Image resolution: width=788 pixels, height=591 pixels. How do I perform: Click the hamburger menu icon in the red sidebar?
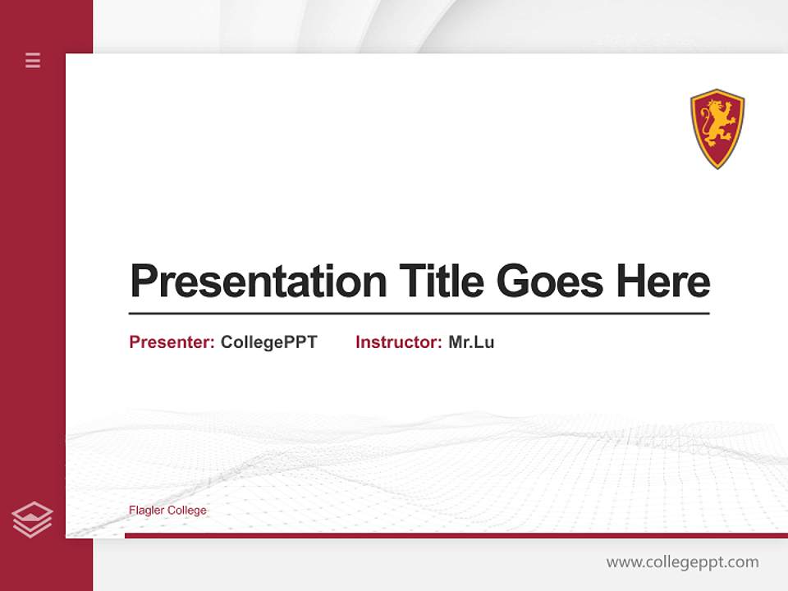pyautogui.click(x=33, y=60)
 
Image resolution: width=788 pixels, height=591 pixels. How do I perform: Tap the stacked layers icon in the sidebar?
pyautogui.click(x=32, y=520)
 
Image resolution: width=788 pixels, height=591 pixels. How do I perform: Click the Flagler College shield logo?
pyautogui.click(x=717, y=128)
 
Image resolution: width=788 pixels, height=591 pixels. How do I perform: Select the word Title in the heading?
pyautogui.click(x=442, y=282)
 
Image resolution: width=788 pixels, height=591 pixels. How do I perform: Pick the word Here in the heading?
pyautogui.click(x=663, y=282)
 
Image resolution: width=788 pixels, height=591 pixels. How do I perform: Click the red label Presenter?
pyautogui.click(x=172, y=342)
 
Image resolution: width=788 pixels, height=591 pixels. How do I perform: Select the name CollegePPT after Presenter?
pyautogui.click(x=268, y=342)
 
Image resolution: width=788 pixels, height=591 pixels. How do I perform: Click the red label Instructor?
pyautogui.click(x=398, y=342)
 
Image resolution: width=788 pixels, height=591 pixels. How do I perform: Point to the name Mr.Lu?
pyautogui.click(x=471, y=342)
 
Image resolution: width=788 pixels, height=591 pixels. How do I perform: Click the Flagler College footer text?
pyautogui.click(x=167, y=511)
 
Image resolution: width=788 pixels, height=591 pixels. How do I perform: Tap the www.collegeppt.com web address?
pyautogui.click(x=682, y=562)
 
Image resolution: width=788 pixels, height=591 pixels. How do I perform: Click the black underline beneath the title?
pyautogui.click(x=419, y=314)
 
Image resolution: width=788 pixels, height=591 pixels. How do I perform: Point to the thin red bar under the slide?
pyautogui.click(x=456, y=535)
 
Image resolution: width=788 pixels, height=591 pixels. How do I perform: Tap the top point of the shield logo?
pyautogui.click(x=717, y=90)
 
